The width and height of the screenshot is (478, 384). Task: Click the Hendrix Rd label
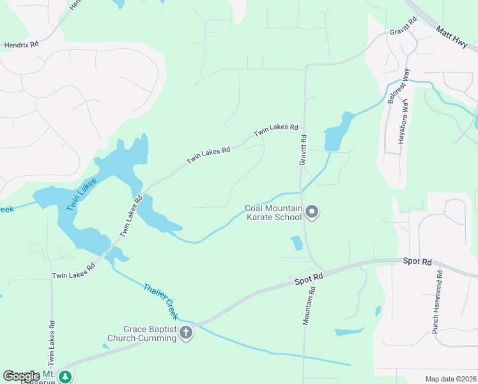click(21, 45)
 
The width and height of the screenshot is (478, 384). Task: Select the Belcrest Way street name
click(397, 88)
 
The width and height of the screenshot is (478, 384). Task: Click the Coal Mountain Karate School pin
click(311, 211)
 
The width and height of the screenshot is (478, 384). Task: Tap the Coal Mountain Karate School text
click(274, 212)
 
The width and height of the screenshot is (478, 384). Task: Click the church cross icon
click(186, 332)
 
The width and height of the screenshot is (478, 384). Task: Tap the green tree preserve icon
click(65, 376)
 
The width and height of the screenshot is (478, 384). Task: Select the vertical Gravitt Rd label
click(303, 150)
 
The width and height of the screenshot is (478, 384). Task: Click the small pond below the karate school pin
click(297, 243)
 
